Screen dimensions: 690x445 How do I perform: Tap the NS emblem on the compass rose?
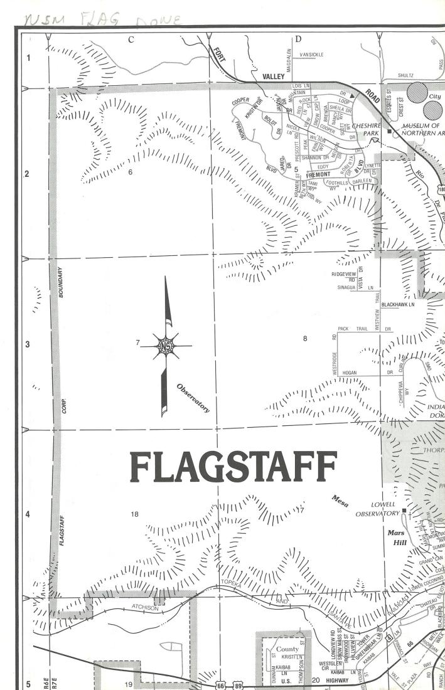[166, 346]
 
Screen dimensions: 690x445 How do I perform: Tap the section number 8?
[305, 339]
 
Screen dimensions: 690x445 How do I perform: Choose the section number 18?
[134, 514]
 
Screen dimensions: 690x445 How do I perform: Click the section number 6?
[130, 171]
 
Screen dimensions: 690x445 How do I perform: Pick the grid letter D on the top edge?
[298, 40]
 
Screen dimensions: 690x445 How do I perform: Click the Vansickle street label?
[312, 55]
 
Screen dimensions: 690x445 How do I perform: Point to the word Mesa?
[341, 500]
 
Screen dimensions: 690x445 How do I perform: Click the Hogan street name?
[350, 373]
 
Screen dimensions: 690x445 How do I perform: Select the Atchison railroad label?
[147, 607]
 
